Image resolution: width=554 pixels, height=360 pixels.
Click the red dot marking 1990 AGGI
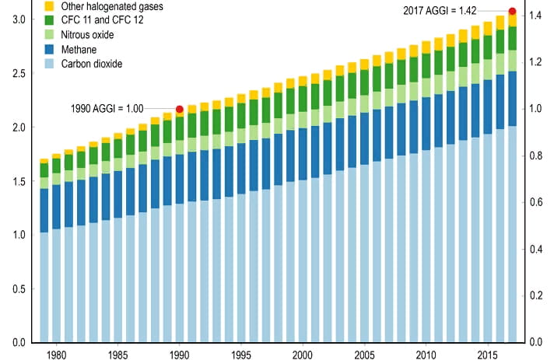[x=180, y=109]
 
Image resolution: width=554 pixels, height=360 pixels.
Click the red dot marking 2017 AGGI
[x=512, y=11]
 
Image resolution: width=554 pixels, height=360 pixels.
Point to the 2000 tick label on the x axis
[x=303, y=355]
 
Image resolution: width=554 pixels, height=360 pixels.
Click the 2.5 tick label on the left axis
[x=16, y=73]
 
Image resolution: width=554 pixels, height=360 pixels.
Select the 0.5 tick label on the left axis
[x=16, y=289]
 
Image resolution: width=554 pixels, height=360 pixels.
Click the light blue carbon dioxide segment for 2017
[x=511, y=233]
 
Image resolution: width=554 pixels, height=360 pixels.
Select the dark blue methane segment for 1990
[x=181, y=179]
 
